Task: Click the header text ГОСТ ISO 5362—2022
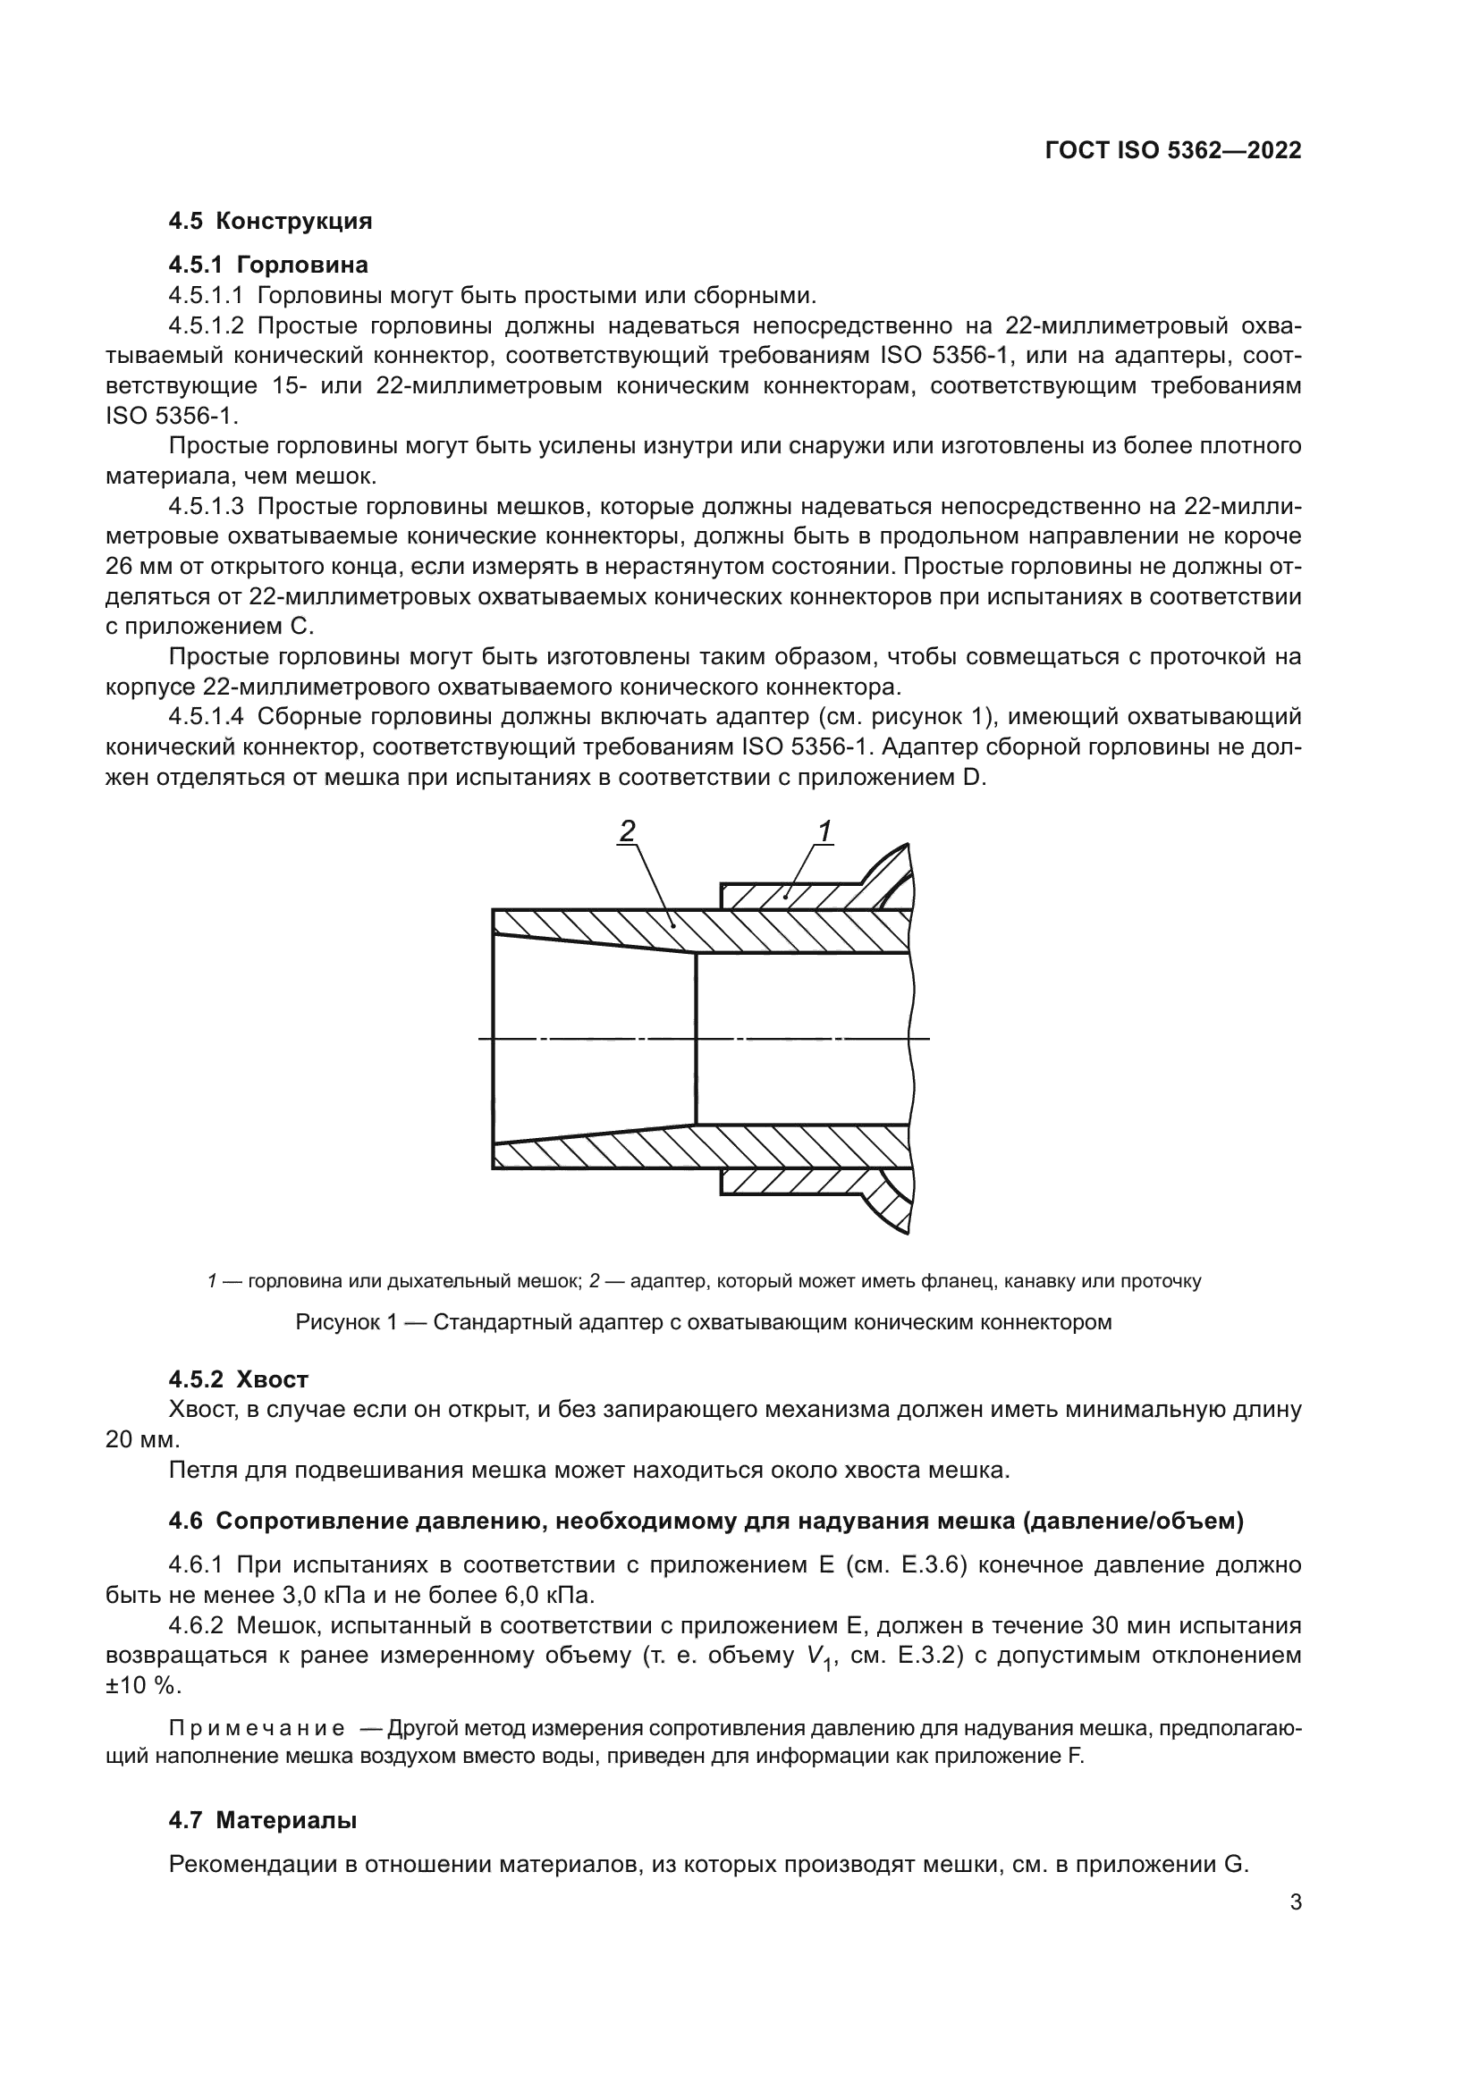click(1173, 151)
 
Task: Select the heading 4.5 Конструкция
click(269, 222)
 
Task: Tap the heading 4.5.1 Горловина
click(267, 265)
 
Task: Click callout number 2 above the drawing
click(627, 830)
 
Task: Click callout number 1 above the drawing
click(824, 830)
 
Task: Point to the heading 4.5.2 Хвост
click(239, 1379)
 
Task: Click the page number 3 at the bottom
click(1295, 1902)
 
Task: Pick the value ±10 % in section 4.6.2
click(143, 1686)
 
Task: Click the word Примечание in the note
click(257, 1729)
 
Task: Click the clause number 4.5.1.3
click(206, 506)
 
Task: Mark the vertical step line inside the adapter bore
click(696, 1038)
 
